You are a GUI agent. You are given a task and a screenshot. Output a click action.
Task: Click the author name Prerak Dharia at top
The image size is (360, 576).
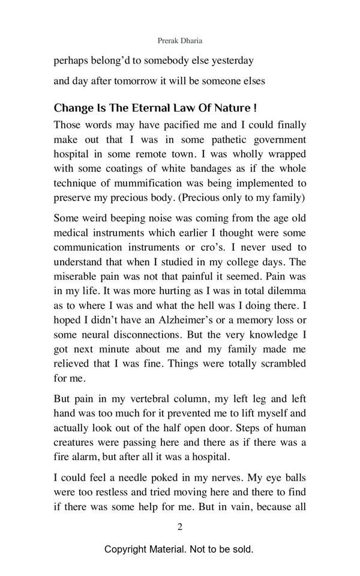[x=179, y=41]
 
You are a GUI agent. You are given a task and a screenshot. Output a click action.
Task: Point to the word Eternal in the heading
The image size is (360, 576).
[x=136, y=109]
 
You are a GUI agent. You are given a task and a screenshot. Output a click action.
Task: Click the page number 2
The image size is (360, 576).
[x=179, y=527]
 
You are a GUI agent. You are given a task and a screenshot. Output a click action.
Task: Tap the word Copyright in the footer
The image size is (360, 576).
[x=128, y=549]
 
